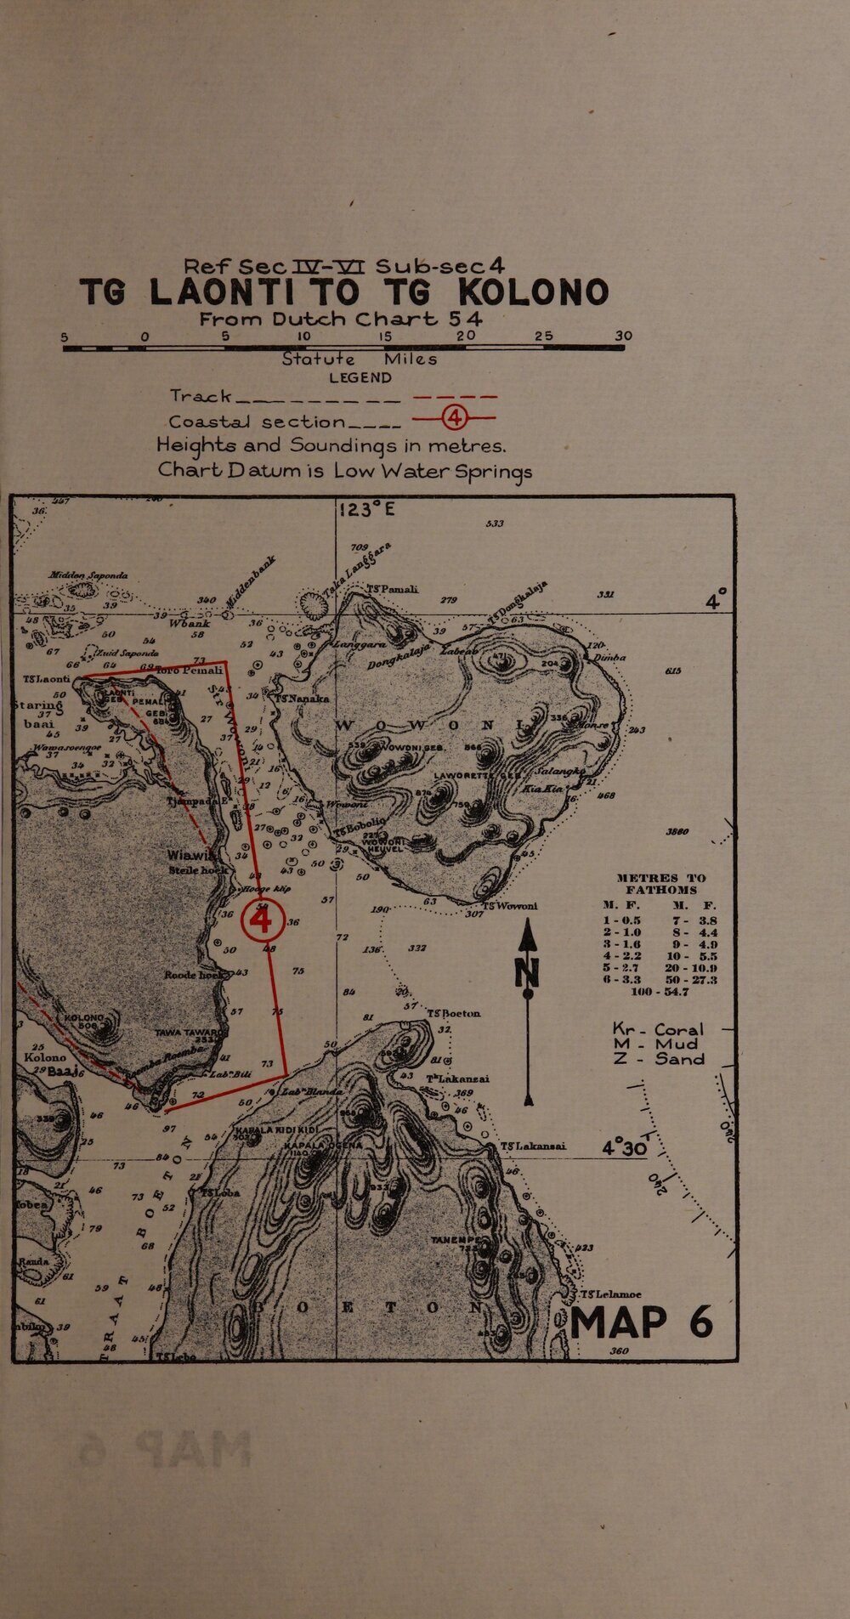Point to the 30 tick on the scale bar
[x=623, y=337]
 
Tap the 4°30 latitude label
[x=625, y=1146]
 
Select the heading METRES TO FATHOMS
[x=660, y=883]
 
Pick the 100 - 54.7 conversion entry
[x=660, y=991]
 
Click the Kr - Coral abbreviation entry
[x=659, y=1027]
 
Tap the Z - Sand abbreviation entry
[x=659, y=1059]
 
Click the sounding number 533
[x=495, y=524]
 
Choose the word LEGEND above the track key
[x=360, y=376]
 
